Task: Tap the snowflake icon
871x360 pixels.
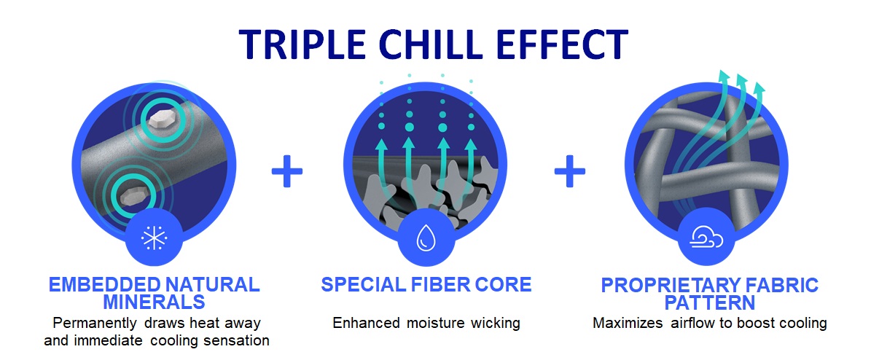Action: click(x=155, y=238)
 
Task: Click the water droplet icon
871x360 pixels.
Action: click(x=424, y=238)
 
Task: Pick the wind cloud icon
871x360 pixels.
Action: click(x=706, y=238)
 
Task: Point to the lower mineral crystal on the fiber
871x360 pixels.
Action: click(x=133, y=195)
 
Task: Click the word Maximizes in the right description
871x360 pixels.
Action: click(x=625, y=323)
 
